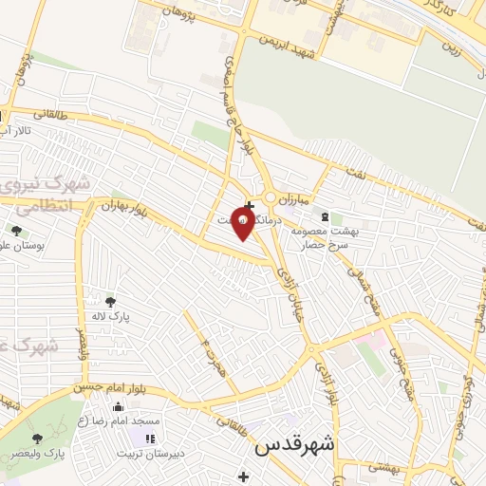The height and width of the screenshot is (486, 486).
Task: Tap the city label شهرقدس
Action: point(296,443)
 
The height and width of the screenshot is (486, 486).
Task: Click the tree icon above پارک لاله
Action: point(110,301)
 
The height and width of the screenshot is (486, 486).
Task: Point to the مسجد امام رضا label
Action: point(121,420)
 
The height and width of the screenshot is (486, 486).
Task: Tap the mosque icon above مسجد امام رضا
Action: point(119,406)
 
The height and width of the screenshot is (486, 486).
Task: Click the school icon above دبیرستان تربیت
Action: point(149,439)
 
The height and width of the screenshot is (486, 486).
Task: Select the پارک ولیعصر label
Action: point(66,454)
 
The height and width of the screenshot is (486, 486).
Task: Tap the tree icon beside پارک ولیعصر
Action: point(37,439)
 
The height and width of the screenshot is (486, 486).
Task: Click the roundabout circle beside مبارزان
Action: point(271,197)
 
